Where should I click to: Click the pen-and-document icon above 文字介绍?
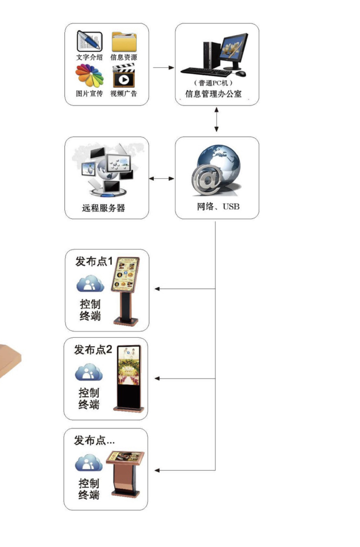click(x=90, y=41)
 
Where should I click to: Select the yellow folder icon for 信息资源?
click(x=124, y=42)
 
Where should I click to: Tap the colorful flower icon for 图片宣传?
click(x=90, y=76)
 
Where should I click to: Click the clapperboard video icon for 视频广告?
click(x=124, y=76)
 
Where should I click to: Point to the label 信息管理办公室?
click(x=216, y=95)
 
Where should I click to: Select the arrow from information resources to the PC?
click(x=163, y=68)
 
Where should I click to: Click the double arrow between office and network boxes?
click(x=216, y=119)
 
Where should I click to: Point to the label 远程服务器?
click(x=103, y=208)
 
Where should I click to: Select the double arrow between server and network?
click(x=161, y=179)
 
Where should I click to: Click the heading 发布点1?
click(x=94, y=261)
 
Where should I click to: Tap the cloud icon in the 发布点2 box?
click(x=89, y=373)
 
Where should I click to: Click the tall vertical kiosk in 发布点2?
click(x=130, y=378)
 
